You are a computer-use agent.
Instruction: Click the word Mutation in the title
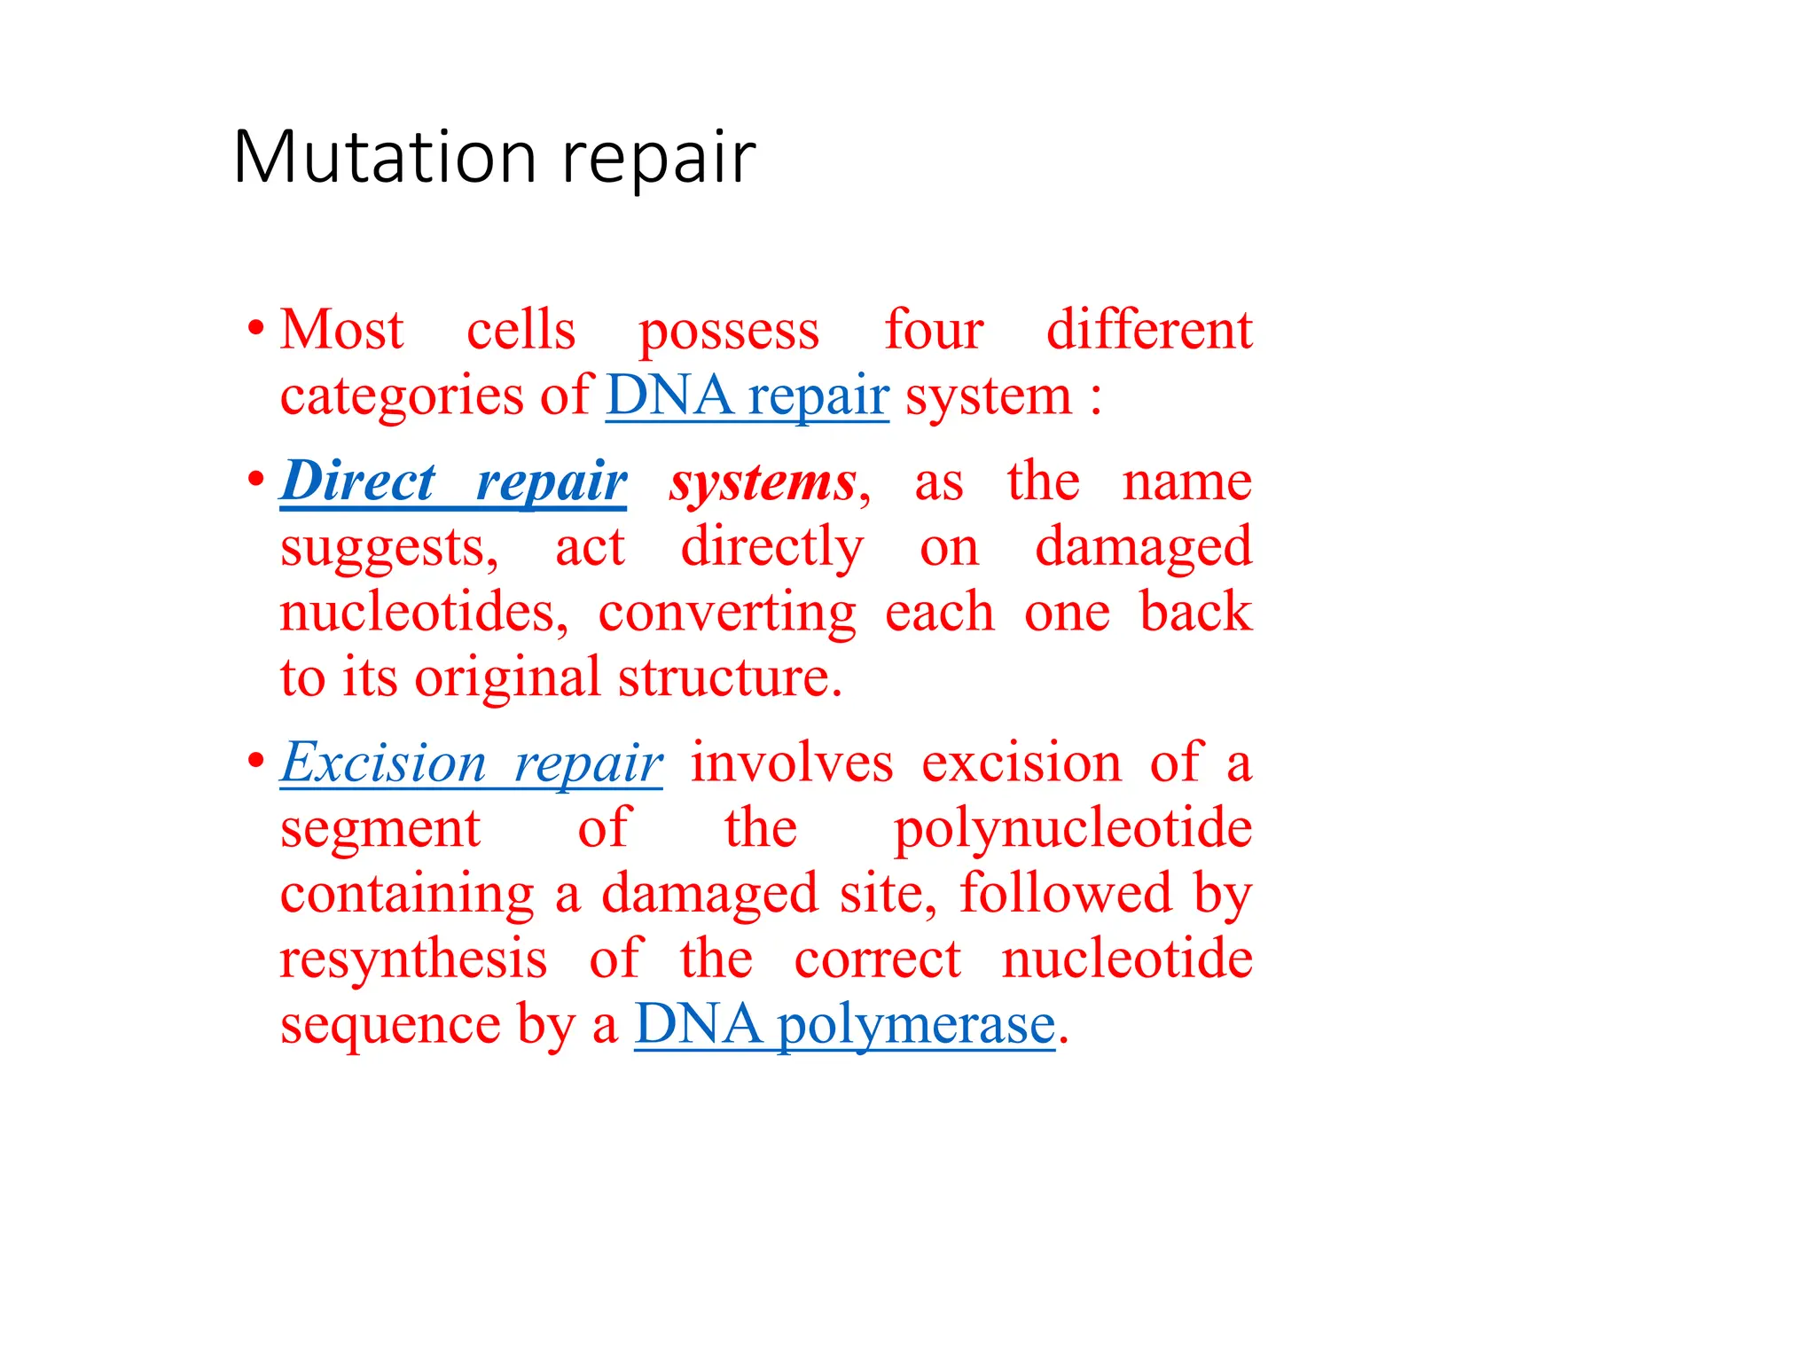pyautogui.click(x=385, y=158)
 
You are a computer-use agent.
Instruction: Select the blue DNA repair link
pyautogui.click(x=747, y=395)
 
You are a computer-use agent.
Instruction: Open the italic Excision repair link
pyautogui.click(x=471, y=763)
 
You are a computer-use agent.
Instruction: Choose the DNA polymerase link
pyautogui.click(x=844, y=1025)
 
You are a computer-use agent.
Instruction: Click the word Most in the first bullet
pyautogui.click(x=341, y=330)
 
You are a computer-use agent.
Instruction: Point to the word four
pyautogui.click(x=934, y=330)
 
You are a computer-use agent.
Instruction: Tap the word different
pyautogui.click(x=1149, y=330)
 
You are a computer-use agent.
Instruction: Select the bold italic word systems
pyautogui.click(x=763, y=483)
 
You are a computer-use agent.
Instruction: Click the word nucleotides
pyautogui.click(x=423, y=613)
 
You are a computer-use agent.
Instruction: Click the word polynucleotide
pyautogui.click(x=1072, y=830)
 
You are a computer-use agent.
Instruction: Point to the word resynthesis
pyautogui.click(x=413, y=960)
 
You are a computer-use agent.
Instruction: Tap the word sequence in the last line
pyautogui.click(x=389, y=1027)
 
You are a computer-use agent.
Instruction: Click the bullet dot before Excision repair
pyautogui.click(x=256, y=761)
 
